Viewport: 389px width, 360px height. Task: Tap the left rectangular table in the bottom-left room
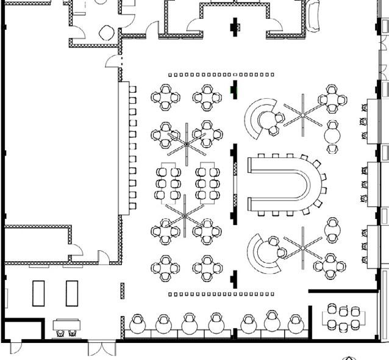[38, 293]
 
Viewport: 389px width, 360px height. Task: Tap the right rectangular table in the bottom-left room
[72, 293]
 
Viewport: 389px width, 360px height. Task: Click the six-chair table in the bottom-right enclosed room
[343, 318]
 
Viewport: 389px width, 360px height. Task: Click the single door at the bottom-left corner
[15, 348]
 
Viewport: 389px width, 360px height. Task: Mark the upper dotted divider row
[221, 74]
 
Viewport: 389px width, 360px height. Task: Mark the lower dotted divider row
[221, 294]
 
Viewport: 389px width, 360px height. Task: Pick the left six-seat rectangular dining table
[168, 182]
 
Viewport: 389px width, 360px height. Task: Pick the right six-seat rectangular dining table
[207, 182]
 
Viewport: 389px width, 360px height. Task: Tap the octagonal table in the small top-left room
[107, 32]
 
